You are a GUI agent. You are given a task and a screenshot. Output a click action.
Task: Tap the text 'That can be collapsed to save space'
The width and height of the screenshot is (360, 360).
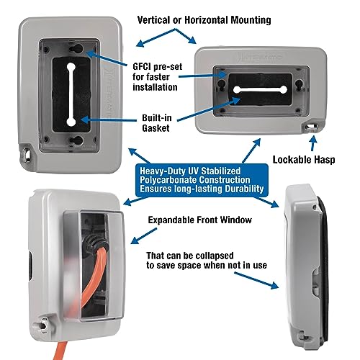tap(207, 260)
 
